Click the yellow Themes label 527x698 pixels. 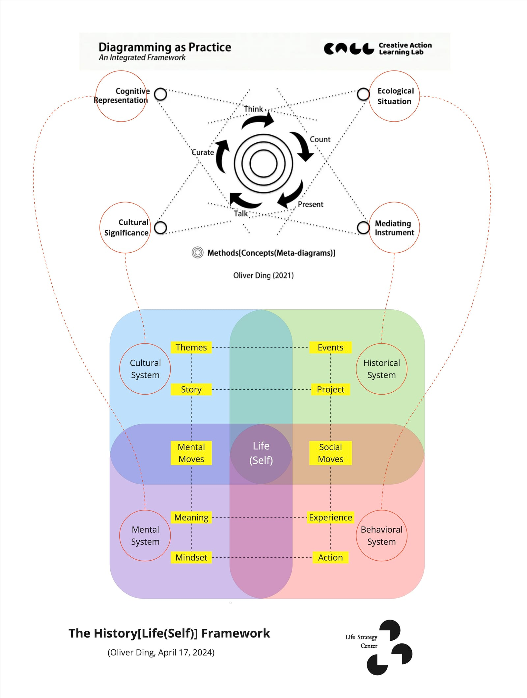click(191, 347)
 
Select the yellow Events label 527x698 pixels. click(330, 347)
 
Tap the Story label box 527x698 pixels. click(191, 389)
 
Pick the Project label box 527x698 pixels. click(330, 389)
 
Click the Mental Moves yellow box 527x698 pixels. click(191, 453)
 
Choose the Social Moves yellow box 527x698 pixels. click(330, 453)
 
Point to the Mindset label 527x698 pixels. click(191, 557)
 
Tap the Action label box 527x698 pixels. click(330, 557)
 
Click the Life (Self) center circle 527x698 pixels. click(261, 453)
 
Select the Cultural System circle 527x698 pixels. click(145, 369)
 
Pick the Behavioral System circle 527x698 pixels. click(381, 536)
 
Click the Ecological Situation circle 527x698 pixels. click(394, 96)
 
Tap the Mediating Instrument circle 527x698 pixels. click(394, 228)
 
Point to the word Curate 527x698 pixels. click(203, 153)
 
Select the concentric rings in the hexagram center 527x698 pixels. click(263, 163)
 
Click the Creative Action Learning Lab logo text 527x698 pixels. click(405, 48)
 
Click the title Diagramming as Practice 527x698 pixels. click(165, 47)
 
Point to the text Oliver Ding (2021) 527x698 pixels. click(263, 275)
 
